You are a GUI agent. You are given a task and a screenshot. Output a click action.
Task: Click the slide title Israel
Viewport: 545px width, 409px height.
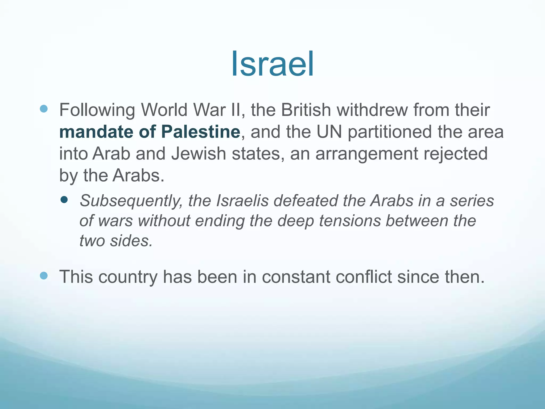coord(272,64)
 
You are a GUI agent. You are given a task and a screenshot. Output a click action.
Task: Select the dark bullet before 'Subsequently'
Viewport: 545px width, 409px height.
coord(64,199)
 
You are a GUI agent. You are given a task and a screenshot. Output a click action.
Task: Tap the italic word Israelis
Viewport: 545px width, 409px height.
coord(242,201)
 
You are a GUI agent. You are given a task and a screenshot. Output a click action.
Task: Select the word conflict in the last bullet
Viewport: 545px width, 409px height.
coord(364,277)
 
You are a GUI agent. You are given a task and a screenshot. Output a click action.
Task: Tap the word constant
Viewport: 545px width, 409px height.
coord(295,277)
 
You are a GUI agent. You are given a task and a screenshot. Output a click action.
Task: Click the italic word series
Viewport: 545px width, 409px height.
coord(472,201)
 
